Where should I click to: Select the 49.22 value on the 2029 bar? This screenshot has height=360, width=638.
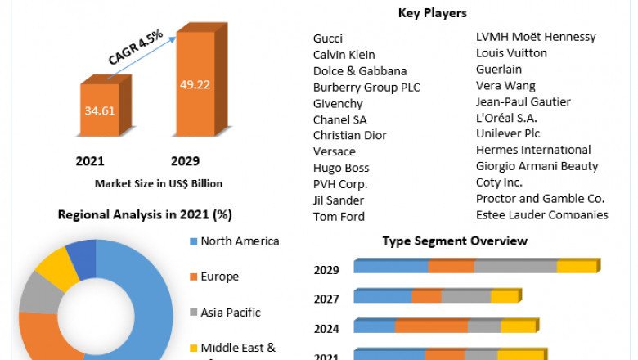pyautogui.click(x=195, y=83)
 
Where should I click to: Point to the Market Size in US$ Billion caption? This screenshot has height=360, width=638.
pyautogui.click(x=159, y=183)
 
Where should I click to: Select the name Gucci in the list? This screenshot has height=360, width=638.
pyautogui.click(x=328, y=38)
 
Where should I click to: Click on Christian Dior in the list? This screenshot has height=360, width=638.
pyautogui.click(x=350, y=135)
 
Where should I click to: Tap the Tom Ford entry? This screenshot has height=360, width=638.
pyautogui.click(x=339, y=216)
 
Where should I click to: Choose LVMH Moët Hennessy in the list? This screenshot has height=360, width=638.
pyautogui.click(x=536, y=37)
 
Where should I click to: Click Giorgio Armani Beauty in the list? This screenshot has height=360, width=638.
pyautogui.click(x=537, y=166)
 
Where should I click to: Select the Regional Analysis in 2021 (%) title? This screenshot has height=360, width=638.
pyautogui.click(x=145, y=215)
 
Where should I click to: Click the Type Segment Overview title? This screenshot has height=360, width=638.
pyautogui.click(x=455, y=241)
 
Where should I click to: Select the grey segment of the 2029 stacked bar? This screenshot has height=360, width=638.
pyautogui.click(x=515, y=267)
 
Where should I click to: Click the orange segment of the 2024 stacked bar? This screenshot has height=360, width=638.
pyautogui.click(x=431, y=326)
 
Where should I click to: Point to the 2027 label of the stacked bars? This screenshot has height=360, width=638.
pyautogui.click(x=326, y=299)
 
